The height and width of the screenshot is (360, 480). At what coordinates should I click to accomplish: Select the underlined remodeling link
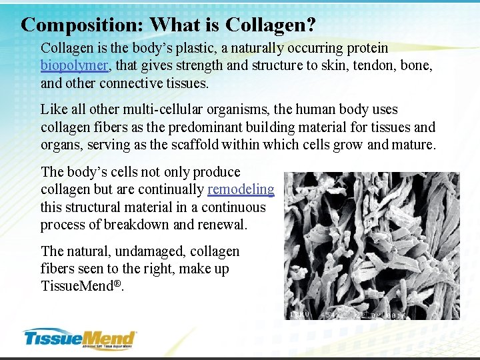(x=241, y=189)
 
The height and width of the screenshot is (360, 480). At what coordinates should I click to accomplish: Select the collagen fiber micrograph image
(x=371, y=240)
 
